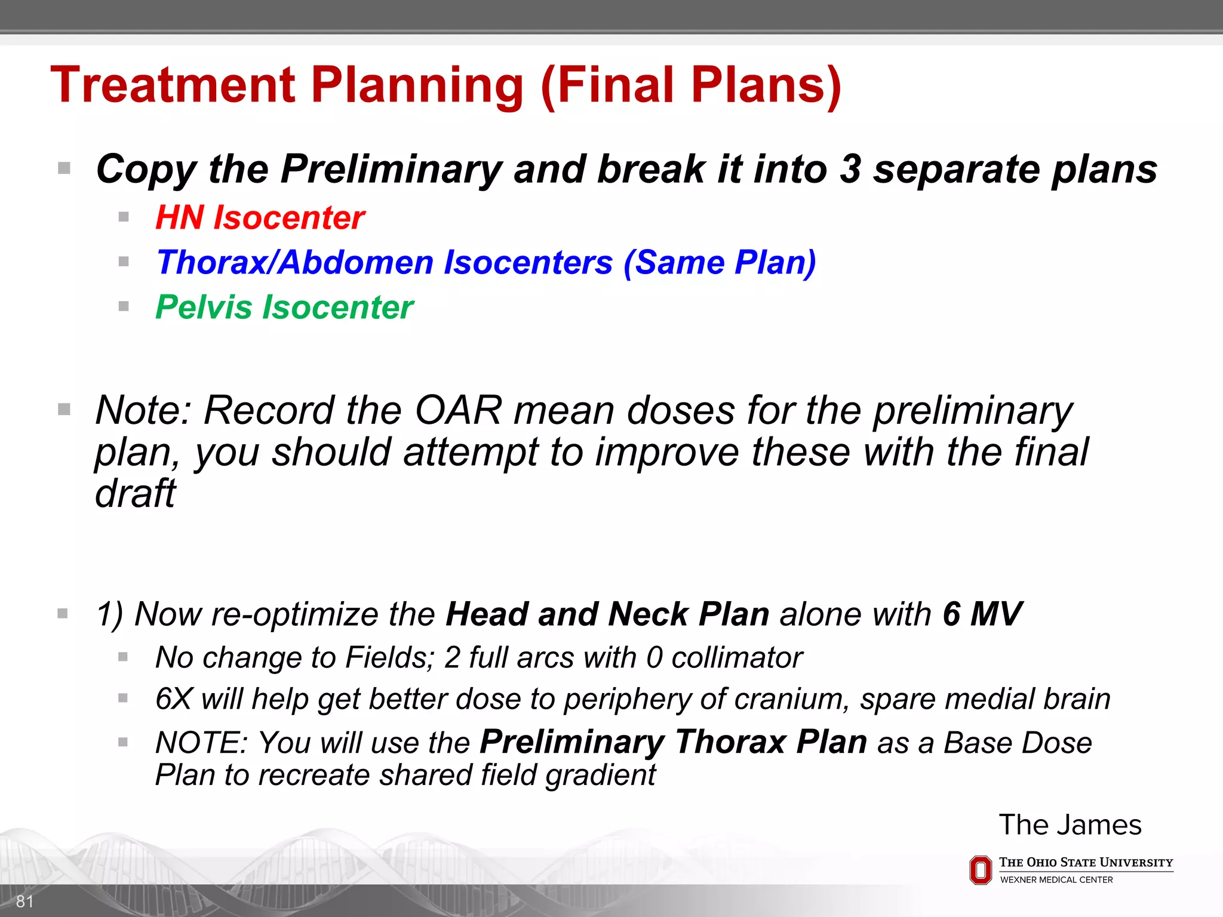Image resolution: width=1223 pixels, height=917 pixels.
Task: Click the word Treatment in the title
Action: (173, 85)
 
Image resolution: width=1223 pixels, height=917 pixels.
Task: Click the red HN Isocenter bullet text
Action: (260, 217)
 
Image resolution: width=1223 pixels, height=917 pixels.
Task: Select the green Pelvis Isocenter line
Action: (284, 307)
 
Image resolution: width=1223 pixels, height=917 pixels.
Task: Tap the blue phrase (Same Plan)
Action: (720, 263)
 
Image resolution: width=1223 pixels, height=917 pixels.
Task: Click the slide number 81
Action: (24, 901)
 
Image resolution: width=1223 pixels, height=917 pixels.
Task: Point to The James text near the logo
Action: (1070, 825)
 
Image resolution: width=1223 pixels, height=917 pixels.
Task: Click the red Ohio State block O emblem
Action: (980, 870)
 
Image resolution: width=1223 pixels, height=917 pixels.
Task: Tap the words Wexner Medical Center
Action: (1056, 880)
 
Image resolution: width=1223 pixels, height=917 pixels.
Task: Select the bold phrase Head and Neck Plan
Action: (607, 614)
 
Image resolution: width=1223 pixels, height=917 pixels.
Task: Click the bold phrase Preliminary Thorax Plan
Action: (674, 743)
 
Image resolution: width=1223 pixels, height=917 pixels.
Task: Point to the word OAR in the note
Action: (458, 411)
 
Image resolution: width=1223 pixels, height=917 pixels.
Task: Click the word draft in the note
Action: (135, 494)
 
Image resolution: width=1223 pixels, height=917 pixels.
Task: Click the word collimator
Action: (737, 658)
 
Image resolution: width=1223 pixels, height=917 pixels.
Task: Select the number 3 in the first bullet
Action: (850, 169)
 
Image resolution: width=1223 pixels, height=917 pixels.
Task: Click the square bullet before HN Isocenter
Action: (124, 217)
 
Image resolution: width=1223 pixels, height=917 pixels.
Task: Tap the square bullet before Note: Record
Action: (64, 410)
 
